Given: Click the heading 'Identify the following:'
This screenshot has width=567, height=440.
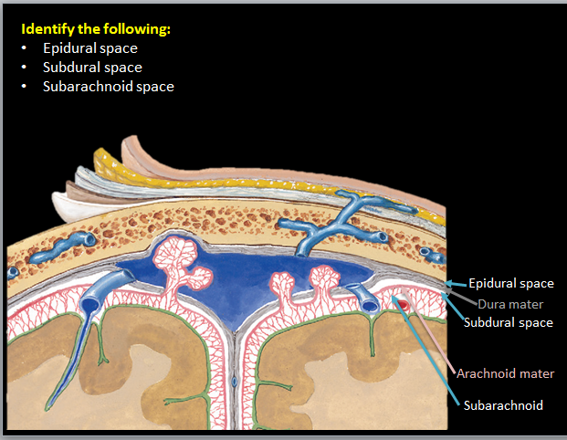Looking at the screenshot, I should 96,29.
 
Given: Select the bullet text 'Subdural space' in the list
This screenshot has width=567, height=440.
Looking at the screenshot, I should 92,68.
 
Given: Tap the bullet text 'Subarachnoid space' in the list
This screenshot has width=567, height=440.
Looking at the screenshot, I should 108,87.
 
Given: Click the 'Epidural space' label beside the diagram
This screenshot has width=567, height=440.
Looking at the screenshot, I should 511,284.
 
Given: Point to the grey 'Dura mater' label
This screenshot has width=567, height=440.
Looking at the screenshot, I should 509,304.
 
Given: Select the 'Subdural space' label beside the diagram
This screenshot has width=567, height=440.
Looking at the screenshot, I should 508,322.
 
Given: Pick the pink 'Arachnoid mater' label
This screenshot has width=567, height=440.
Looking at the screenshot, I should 505,374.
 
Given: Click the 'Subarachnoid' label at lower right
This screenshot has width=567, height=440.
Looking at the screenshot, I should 503,405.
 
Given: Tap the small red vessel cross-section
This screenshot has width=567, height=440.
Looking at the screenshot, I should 403,303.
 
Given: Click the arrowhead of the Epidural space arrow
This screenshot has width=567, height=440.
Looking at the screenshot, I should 448,284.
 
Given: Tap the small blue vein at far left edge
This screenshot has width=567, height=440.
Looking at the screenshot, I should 11,272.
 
